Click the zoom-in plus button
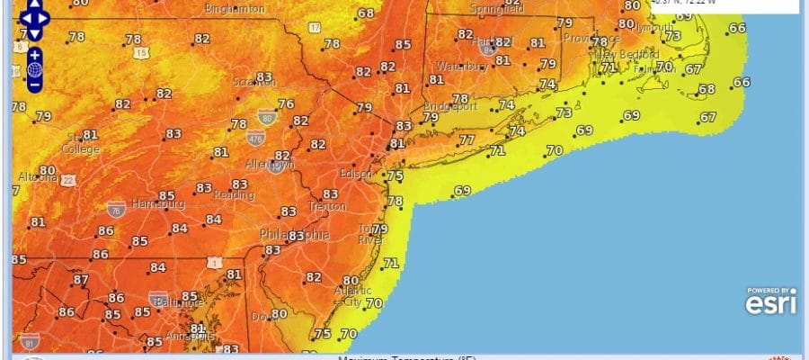pyautogui.click(x=35, y=54)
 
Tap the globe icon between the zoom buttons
pyautogui.click(x=35, y=69)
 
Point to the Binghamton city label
pyautogui.click(x=236, y=8)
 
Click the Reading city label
pyautogui.click(x=232, y=194)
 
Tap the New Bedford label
pyautogui.click(x=627, y=55)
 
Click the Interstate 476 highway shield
pyautogui.click(x=258, y=139)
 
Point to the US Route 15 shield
pyautogui.click(x=142, y=54)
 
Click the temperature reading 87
pyautogui.click(x=81, y=280)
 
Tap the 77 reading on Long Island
pyautogui.click(x=466, y=140)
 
